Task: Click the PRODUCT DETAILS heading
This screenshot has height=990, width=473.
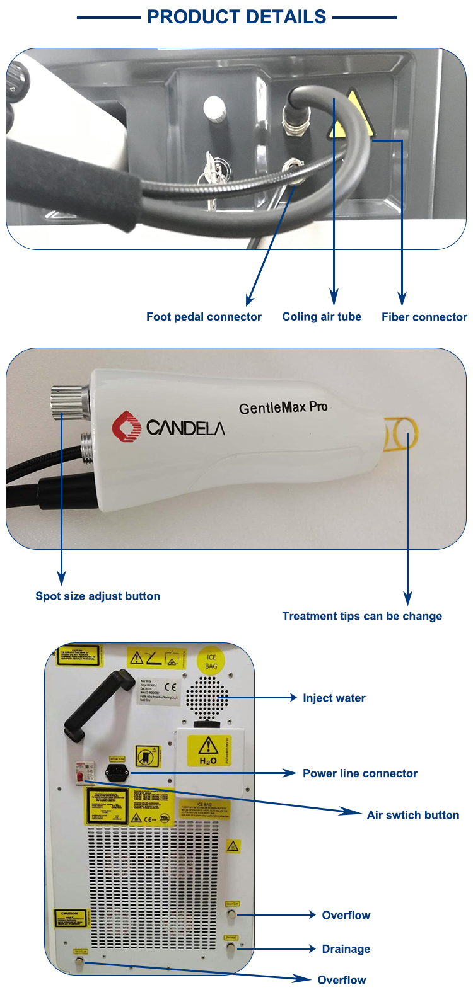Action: [x=237, y=17]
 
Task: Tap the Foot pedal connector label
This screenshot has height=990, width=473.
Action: [x=204, y=317]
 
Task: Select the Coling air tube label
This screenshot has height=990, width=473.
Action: [x=322, y=317]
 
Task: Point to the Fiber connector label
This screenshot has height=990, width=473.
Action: [x=424, y=317]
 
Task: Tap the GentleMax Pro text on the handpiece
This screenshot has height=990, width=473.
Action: [x=283, y=407]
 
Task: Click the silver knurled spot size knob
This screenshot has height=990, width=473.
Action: [x=67, y=401]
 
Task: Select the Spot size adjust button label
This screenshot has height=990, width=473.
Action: [x=98, y=596]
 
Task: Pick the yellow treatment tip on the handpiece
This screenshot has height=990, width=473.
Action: [x=401, y=434]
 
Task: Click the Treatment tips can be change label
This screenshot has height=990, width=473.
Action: [x=362, y=616]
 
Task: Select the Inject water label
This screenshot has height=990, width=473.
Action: [x=334, y=698]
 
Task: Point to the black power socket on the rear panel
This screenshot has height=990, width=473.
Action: [x=117, y=772]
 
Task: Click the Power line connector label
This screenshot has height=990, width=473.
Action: [x=360, y=773]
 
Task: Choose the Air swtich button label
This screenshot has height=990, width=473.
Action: [x=413, y=815]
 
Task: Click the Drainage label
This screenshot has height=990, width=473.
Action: [x=346, y=949]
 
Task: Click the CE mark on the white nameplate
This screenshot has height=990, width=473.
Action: [x=170, y=687]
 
